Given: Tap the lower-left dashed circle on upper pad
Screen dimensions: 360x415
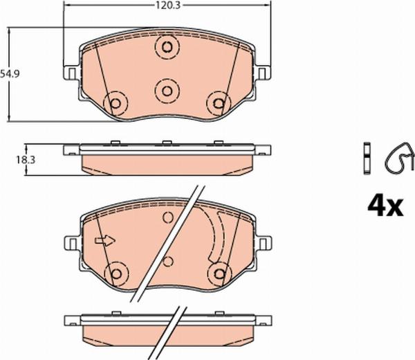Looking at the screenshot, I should (x=116, y=104).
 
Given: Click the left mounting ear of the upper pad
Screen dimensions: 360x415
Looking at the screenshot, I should (x=71, y=72).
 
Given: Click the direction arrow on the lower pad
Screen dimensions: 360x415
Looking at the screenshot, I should (x=102, y=241).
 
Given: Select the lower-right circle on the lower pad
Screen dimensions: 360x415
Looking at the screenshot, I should (x=219, y=273).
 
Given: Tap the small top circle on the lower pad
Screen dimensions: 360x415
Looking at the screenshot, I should (x=167, y=219).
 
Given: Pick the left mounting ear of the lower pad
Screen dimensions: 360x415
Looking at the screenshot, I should (x=71, y=242).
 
